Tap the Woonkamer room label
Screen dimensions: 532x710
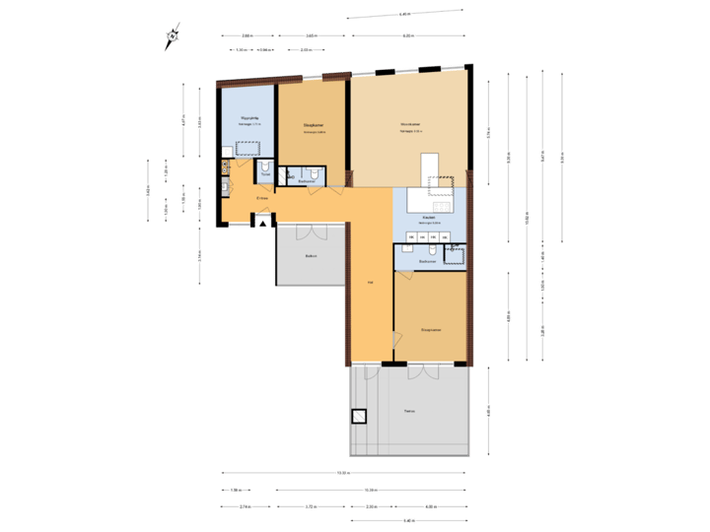[411, 124]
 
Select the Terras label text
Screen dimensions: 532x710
[409, 412]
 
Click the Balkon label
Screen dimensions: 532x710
[311, 256]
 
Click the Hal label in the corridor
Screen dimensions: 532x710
[370, 283]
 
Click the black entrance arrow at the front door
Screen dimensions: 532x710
[261, 224]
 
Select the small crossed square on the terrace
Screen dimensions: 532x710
[359, 417]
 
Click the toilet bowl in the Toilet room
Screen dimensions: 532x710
[265, 167]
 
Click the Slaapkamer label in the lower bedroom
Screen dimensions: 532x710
[430, 329]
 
